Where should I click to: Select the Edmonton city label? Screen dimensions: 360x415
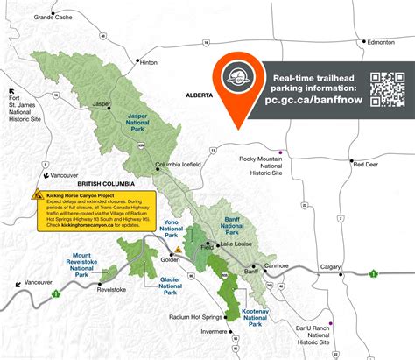tap(383, 41)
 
